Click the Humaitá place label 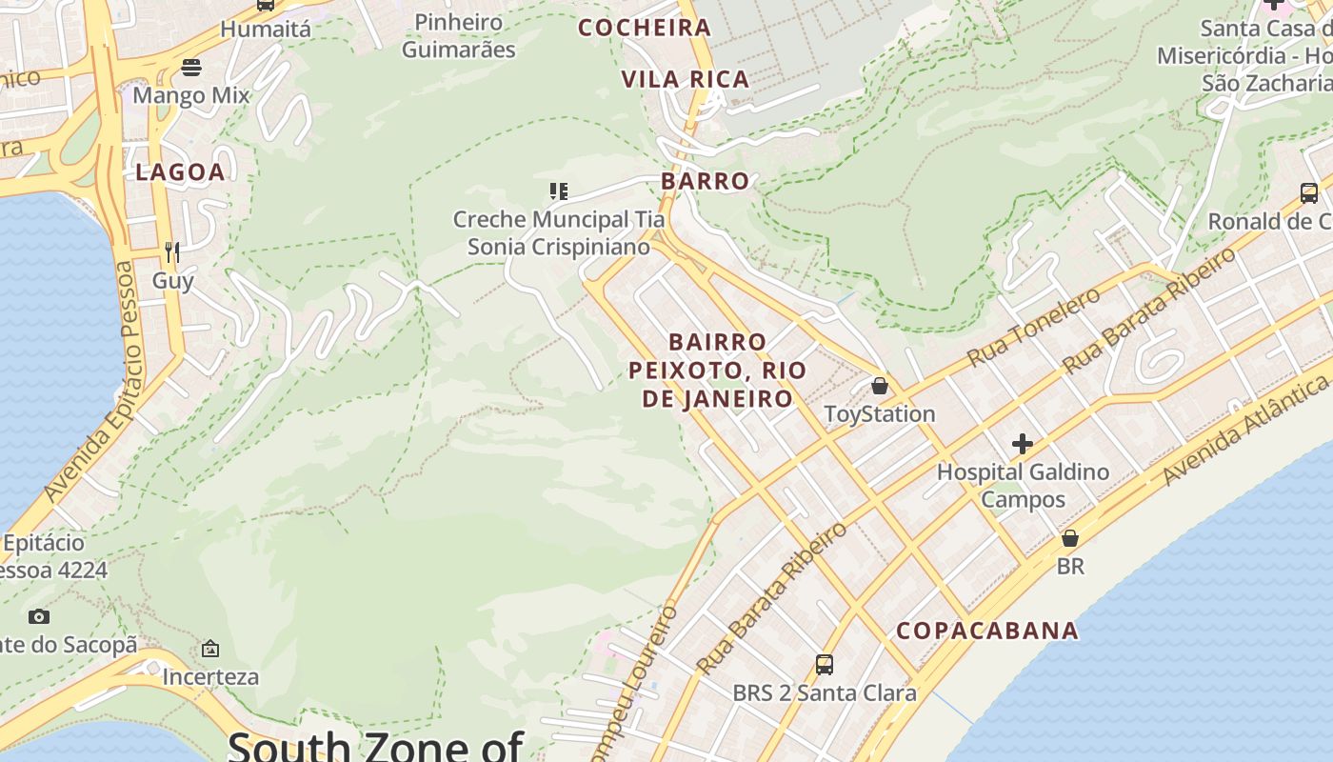tap(265, 30)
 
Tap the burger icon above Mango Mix tap(191, 68)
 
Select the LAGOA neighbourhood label tap(180, 172)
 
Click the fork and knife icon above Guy tap(172, 251)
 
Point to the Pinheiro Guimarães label tap(458, 35)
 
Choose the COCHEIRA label tap(646, 28)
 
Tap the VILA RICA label tap(686, 80)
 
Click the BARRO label tap(706, 181)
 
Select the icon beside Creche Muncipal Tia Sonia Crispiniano tap(559, 191)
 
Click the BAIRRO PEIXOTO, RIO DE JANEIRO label tap(718, 371)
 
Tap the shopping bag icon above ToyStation tap(880, 386)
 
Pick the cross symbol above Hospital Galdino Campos tap(1023, 444)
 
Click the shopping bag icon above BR tap(1070, 538)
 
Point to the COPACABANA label tap(987, 631)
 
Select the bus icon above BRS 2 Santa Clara tap(825, 665)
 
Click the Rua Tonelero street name tap(1034, 327)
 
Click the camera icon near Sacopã tap(39, 616)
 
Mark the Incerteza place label tap(210, 677)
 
